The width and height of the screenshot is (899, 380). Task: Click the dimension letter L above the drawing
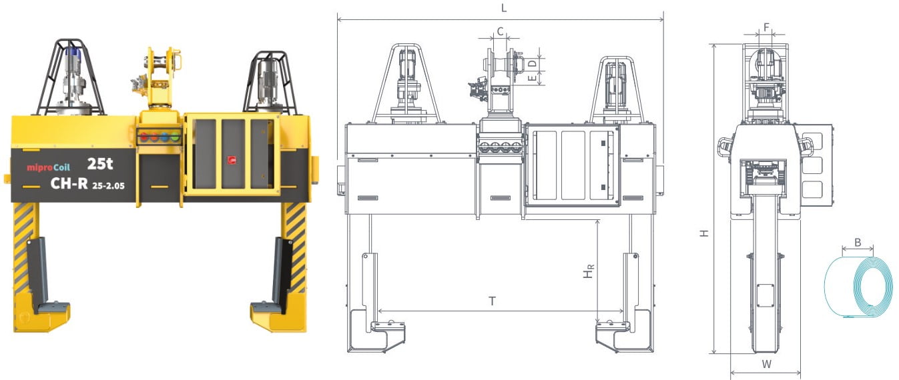[x=504, y=8]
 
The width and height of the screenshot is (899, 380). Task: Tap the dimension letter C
[x=500, y=31]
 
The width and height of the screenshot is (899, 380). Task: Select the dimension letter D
[x=532, y=63]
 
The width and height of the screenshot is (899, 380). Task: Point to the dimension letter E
[x=532, y=78]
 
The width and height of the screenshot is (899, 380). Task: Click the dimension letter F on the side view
[x=766, y=27]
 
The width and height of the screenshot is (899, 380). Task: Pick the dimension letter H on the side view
[x=704, y=233]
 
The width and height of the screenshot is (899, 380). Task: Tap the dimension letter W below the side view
[x=767, y=365]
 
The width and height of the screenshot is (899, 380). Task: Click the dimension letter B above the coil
[x=858, y=242]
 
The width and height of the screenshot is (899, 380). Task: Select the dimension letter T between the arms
[x=492, y=301]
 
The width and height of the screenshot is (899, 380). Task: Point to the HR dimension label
[x=589, y=271]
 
